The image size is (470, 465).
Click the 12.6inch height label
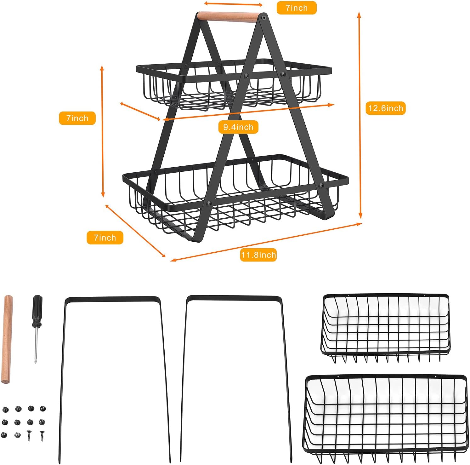[385, 108]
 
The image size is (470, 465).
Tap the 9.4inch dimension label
[238, 127]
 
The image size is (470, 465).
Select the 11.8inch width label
[258, 255]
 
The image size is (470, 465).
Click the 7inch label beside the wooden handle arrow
[296, 8]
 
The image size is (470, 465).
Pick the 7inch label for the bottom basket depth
[105, 238]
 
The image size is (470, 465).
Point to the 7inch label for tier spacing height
[77, 118]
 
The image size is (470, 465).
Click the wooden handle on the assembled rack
[227, 17]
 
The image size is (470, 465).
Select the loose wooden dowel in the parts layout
[7, 339]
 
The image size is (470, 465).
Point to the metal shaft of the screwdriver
[36, 345]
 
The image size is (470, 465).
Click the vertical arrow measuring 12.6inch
[360, 115]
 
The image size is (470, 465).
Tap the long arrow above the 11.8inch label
[266, 242]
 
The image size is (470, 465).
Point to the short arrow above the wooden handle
[233, 4]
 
